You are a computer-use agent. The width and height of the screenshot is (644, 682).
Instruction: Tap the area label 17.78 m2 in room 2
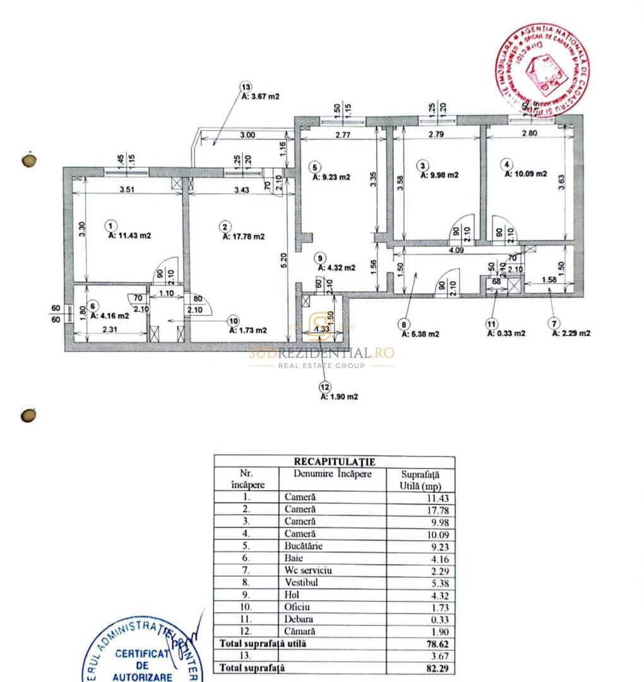pos(243,237)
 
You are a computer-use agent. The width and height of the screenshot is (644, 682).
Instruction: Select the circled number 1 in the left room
pos(111,225)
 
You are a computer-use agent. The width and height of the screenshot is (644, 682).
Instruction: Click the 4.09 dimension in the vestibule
pos(455,250)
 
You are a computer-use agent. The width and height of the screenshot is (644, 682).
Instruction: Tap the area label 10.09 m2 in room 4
pos(525,175)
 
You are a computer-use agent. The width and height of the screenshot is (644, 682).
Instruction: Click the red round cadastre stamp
pos(542,69)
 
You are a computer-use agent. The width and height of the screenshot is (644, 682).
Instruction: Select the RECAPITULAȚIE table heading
pos(334,462)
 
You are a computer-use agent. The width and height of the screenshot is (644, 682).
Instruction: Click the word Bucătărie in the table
pos(304,546)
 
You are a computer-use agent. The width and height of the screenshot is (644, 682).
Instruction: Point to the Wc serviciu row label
pos(307,570)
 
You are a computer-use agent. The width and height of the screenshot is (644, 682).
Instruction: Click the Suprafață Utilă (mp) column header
pos(420,480)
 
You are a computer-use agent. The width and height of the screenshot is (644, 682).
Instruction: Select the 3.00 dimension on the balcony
pos(247,135)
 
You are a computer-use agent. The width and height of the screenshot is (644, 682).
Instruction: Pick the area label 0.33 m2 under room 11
pos(506,333)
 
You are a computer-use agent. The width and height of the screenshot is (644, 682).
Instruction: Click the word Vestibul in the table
pos(301,582)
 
